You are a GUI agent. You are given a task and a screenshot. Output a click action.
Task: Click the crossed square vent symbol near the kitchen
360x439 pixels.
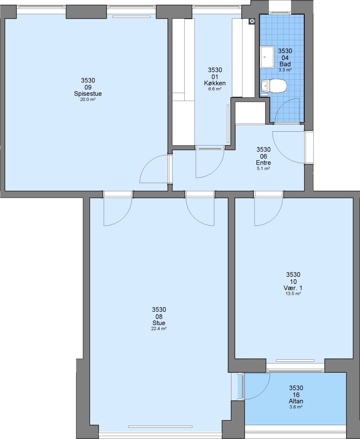coord(252,21)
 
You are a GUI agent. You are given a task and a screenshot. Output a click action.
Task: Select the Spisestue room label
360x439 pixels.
coord(88,93)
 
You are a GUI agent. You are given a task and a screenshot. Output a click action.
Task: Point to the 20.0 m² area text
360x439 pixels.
coord(88,100)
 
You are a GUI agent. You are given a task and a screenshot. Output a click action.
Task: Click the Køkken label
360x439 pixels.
coord(215,83)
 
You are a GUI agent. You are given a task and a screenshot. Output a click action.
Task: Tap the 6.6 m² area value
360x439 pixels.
coord(215,89)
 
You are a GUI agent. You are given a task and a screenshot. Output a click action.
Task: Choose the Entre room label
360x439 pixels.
coord(263,163)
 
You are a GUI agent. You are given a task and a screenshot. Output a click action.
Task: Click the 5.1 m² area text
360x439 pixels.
coord(263,169)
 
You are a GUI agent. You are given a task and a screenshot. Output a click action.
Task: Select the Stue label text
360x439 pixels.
coord(159,323)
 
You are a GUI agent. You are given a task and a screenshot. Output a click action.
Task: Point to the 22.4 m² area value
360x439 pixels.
coord(159,329)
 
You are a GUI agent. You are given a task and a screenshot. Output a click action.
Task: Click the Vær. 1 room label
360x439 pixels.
coord(293,288)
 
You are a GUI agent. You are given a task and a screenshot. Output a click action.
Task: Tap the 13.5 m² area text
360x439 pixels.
coord(293,294)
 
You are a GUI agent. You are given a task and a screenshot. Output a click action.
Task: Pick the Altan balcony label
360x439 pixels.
coord(296,401)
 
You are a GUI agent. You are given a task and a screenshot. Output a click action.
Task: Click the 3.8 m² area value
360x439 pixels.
coord(296,407)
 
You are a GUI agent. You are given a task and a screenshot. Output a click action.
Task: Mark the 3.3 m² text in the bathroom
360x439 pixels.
coord(285,70)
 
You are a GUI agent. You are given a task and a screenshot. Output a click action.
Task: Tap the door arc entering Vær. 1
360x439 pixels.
coord(275,217)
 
